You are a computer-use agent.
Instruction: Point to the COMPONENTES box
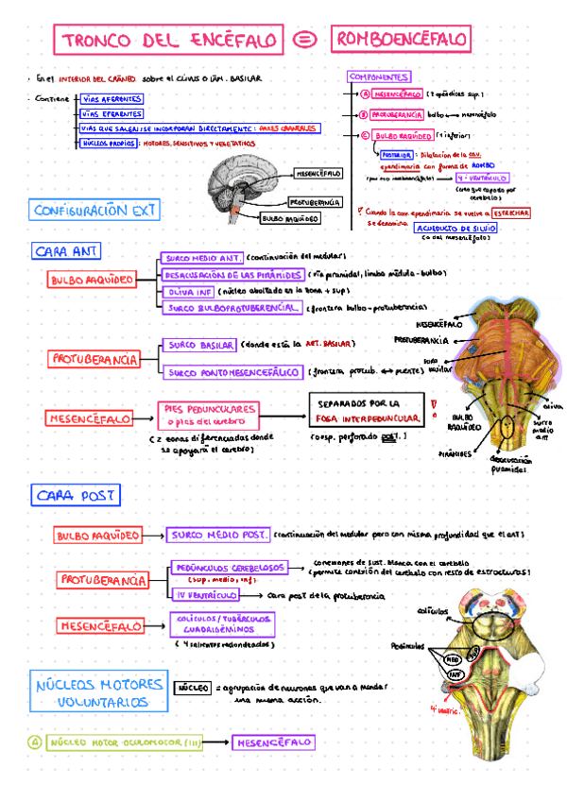pyautogui.click(x=378, y=77)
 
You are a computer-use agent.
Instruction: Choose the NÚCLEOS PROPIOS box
pyautogui.click(x=108, y=143)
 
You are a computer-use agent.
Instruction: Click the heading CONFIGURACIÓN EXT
pyautogui.click(x=94, y=211)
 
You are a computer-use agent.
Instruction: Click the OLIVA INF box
pyautogui.click(x=188, y=292)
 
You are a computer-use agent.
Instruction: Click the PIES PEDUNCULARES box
pyautogui.click(x=208, y=415)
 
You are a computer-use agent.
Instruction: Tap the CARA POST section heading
pyautogui.click(x=77, y=495)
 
